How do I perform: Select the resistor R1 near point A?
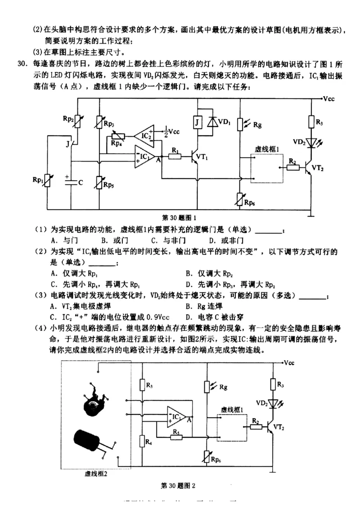click(175, 156)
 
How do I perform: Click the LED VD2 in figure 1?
click(311, 142)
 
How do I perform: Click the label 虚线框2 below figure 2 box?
click(96, 473)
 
